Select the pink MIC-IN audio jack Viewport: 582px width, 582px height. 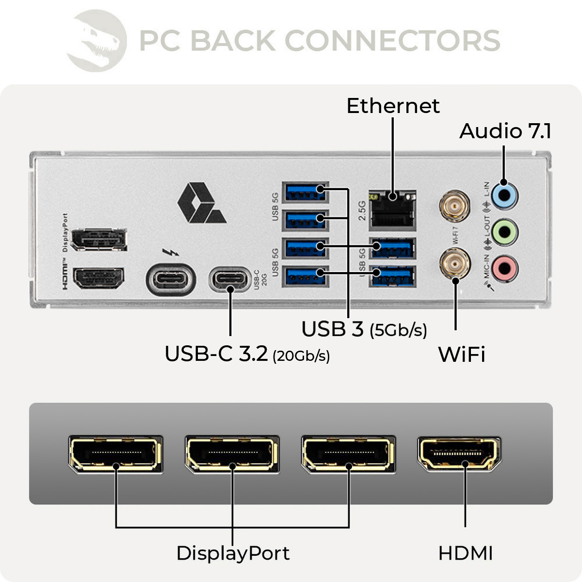(x=505, y=268)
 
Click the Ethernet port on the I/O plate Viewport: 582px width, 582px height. (x=392, y=210)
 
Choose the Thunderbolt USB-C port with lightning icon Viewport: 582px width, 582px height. (x=171, y=279)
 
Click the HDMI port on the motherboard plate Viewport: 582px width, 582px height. (x=98, y=278)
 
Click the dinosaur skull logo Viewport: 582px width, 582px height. (x=97, y=41)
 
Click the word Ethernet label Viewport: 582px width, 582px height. (x=393, y=106)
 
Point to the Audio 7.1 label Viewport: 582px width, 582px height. (x=505, y=131)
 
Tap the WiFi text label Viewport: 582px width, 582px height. (x=461, y=355)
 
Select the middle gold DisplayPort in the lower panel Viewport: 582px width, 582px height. (x=232, y=454)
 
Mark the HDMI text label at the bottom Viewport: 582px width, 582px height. (x=465, y=553)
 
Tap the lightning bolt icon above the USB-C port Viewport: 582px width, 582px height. (x=170, y=252)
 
